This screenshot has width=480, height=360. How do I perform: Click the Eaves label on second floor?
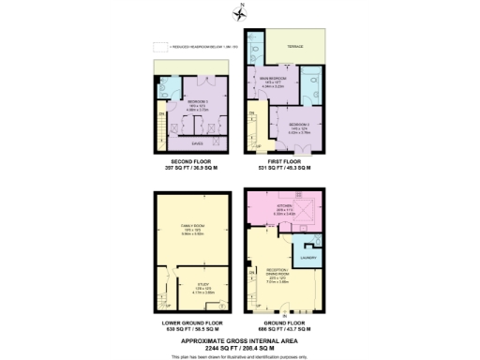[x=197, y=143]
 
